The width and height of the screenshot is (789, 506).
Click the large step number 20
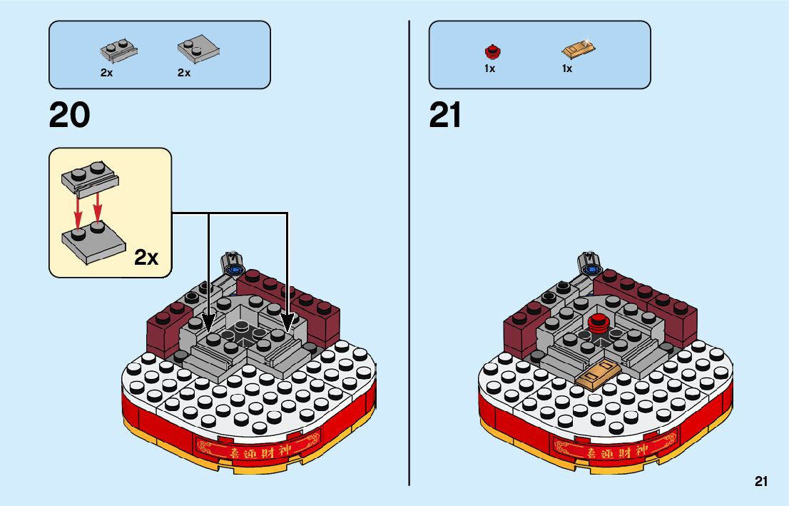[69, 115]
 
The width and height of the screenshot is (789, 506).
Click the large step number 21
[446, 115]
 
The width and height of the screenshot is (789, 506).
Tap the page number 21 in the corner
[761, 482]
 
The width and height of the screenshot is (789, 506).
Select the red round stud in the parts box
[491, 50]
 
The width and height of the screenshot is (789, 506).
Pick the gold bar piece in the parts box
[579, 51]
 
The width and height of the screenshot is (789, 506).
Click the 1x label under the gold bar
[567, 69]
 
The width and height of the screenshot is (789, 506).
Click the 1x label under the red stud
[489, 69]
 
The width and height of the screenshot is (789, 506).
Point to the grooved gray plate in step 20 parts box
[118, 51]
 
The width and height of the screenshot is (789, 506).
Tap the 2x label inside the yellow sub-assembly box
[146, 258]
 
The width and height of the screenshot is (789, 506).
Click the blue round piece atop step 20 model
[234, 270]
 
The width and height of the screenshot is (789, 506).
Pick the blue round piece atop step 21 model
[591, 270]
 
